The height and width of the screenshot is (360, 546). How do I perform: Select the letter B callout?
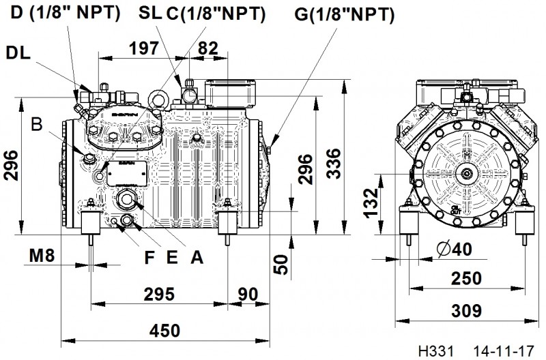(x=38, y=125)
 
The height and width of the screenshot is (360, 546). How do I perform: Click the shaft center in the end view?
(x=468, y=175)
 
